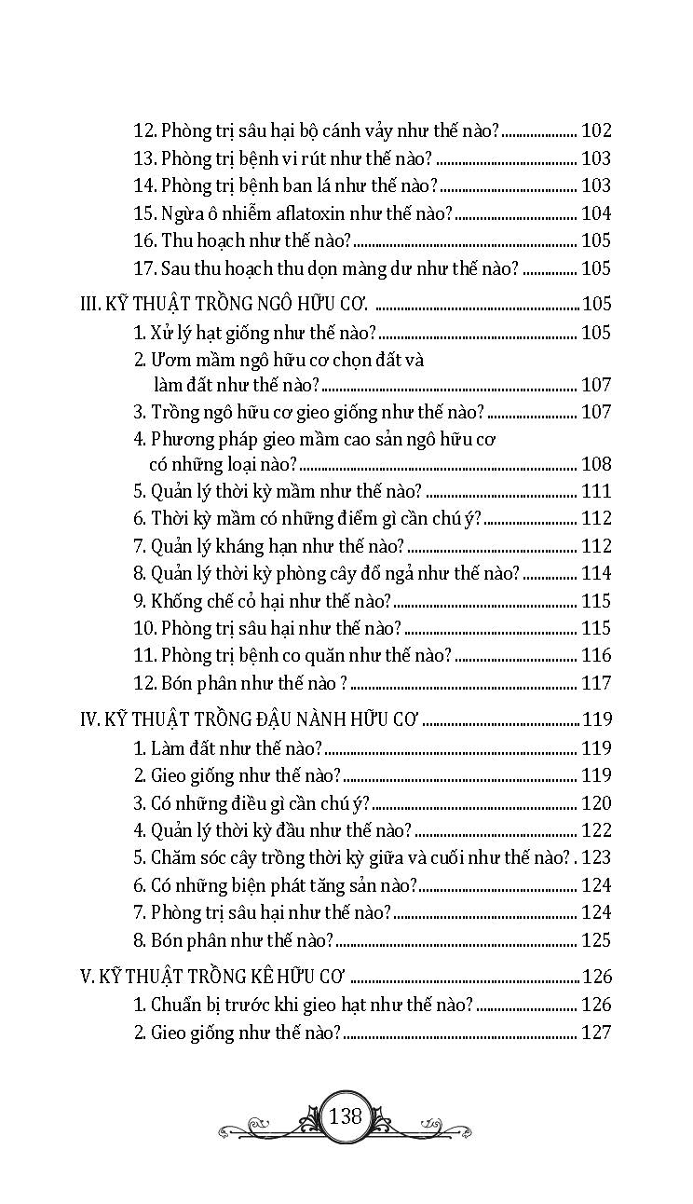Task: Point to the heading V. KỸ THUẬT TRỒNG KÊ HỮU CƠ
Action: (214, 976)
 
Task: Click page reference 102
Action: (596, 131)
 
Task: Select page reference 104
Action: (596, 213)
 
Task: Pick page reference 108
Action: (596, 463)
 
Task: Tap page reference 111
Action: (596, 491)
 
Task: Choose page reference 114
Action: (596, 573)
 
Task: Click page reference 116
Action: (596, 655)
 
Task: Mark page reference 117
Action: (596, 683)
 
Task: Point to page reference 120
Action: (596, 802)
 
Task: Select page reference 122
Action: (596, 829)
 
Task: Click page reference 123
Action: (596, 857)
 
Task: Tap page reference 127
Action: (596, 1032)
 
